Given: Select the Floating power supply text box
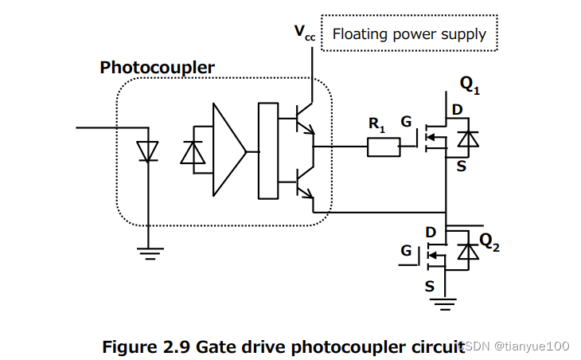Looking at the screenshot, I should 408,33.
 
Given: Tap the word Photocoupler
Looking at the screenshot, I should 157,68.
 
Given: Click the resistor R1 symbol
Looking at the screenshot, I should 383,147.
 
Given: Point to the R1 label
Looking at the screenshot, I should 376,124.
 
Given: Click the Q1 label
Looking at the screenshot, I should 470,85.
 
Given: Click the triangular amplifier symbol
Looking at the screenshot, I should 228,150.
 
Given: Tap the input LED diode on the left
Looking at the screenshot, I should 147,150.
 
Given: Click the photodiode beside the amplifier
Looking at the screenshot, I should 193,151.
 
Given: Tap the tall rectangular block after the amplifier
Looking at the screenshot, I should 268,150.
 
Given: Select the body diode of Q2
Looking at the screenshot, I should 470,252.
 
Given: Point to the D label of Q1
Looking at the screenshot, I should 457,110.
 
